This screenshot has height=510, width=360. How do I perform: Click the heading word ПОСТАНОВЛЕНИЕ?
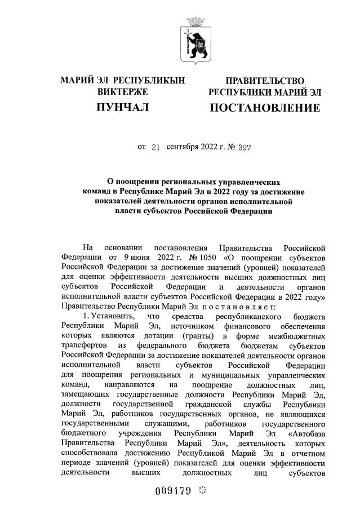(x=265, y=107)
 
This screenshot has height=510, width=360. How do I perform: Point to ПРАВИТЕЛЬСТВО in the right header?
(x=265, y=81)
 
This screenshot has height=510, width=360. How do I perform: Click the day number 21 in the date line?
(x=156, y=148)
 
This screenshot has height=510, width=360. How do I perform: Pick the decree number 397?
(x=243, y=148)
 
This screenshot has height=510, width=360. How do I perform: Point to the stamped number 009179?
(x=174, y=490)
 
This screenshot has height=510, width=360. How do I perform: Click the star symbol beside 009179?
(x=203, y=490)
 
